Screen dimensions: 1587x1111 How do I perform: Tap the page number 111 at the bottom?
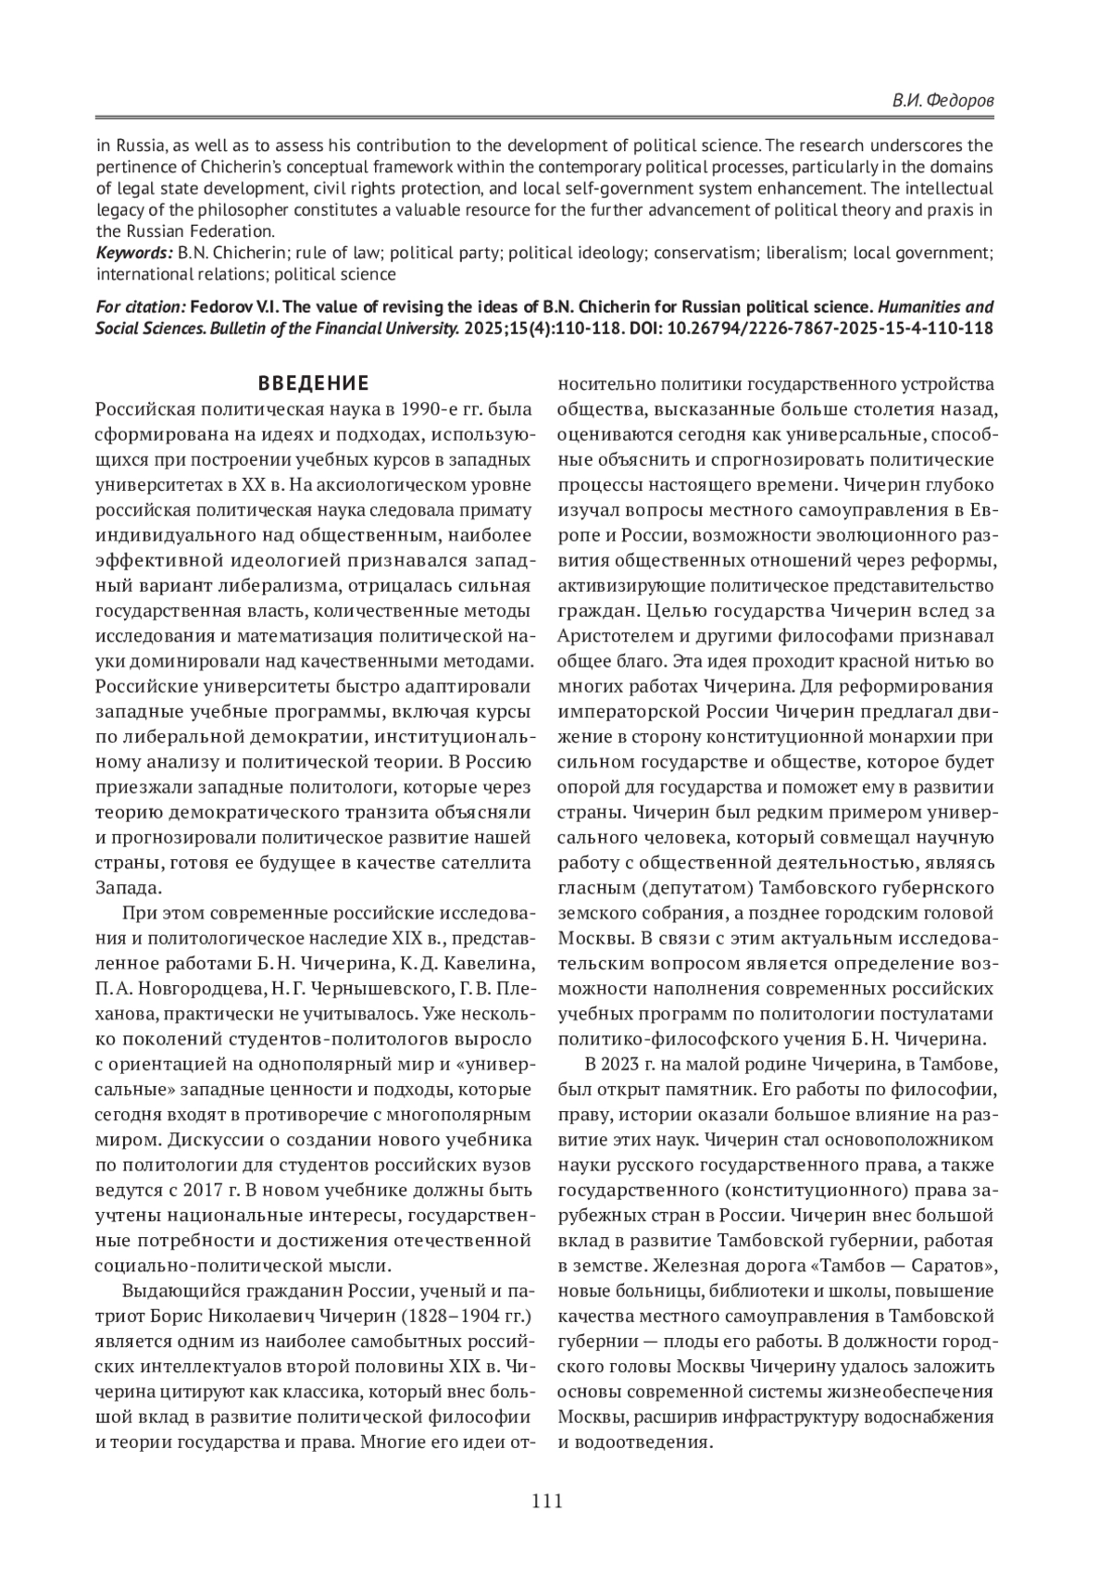tap(547, 1501)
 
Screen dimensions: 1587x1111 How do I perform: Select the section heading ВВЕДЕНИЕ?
tap(313, 383)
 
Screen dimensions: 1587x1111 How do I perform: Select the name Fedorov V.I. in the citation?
tap(234, 306)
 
